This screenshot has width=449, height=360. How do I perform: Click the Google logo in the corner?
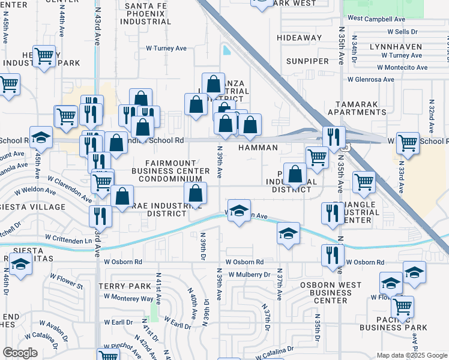click(x=20, y=353)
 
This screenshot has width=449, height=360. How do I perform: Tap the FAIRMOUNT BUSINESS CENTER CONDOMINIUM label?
click(x=171, y=172)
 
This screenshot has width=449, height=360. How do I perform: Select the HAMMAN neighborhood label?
click(x=258, y=148)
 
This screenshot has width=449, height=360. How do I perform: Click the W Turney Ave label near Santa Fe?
click(x=167, y=49)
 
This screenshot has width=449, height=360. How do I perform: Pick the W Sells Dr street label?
click(x=402, y=31)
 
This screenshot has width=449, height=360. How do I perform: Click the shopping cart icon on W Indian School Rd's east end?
click(x=408, y=143)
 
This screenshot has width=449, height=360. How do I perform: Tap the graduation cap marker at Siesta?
click(x=21, y=264)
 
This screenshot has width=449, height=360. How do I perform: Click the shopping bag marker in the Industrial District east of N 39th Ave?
click(x=295, y=175)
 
